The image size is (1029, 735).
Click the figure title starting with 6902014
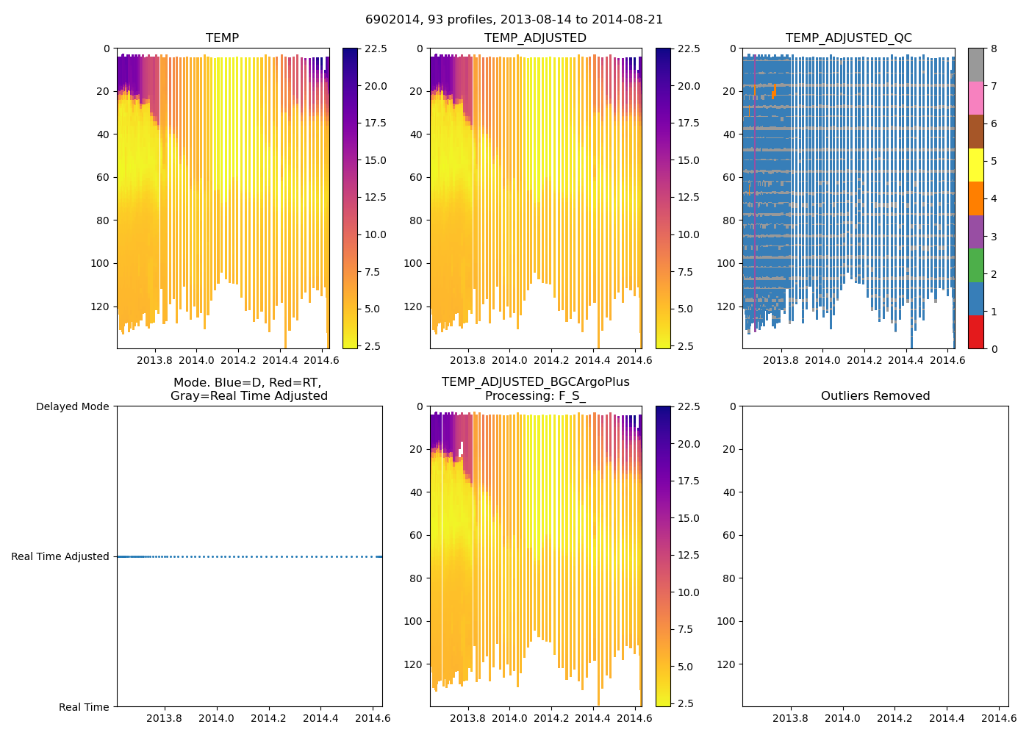click(514, 20)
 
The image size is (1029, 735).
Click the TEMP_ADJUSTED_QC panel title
click(848, 38)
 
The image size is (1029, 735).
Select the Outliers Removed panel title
click(875, 396)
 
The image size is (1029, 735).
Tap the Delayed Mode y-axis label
click(72, 406)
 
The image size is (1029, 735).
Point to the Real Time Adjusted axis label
click(60, 556)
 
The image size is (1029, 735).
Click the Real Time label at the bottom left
click(84, 707)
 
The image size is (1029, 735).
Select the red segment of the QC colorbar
click(975, 331)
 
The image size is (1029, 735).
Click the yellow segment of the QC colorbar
click(975, 165)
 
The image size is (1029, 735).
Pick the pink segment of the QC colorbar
click(975, 98)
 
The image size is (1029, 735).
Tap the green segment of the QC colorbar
click(975, 265)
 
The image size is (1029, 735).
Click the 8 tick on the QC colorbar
click(994, 49)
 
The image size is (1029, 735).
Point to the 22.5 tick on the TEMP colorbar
click(376, 49)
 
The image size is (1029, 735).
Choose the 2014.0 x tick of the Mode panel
click(216, 718)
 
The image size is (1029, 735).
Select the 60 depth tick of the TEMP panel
click(102, 177)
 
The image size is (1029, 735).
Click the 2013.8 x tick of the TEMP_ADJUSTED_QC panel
click(781, 360)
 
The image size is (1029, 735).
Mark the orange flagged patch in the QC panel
click(773, 93)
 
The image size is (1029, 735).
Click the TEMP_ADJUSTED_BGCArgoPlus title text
click(535, 382)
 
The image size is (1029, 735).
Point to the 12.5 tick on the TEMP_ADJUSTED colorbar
click(689, 197)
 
